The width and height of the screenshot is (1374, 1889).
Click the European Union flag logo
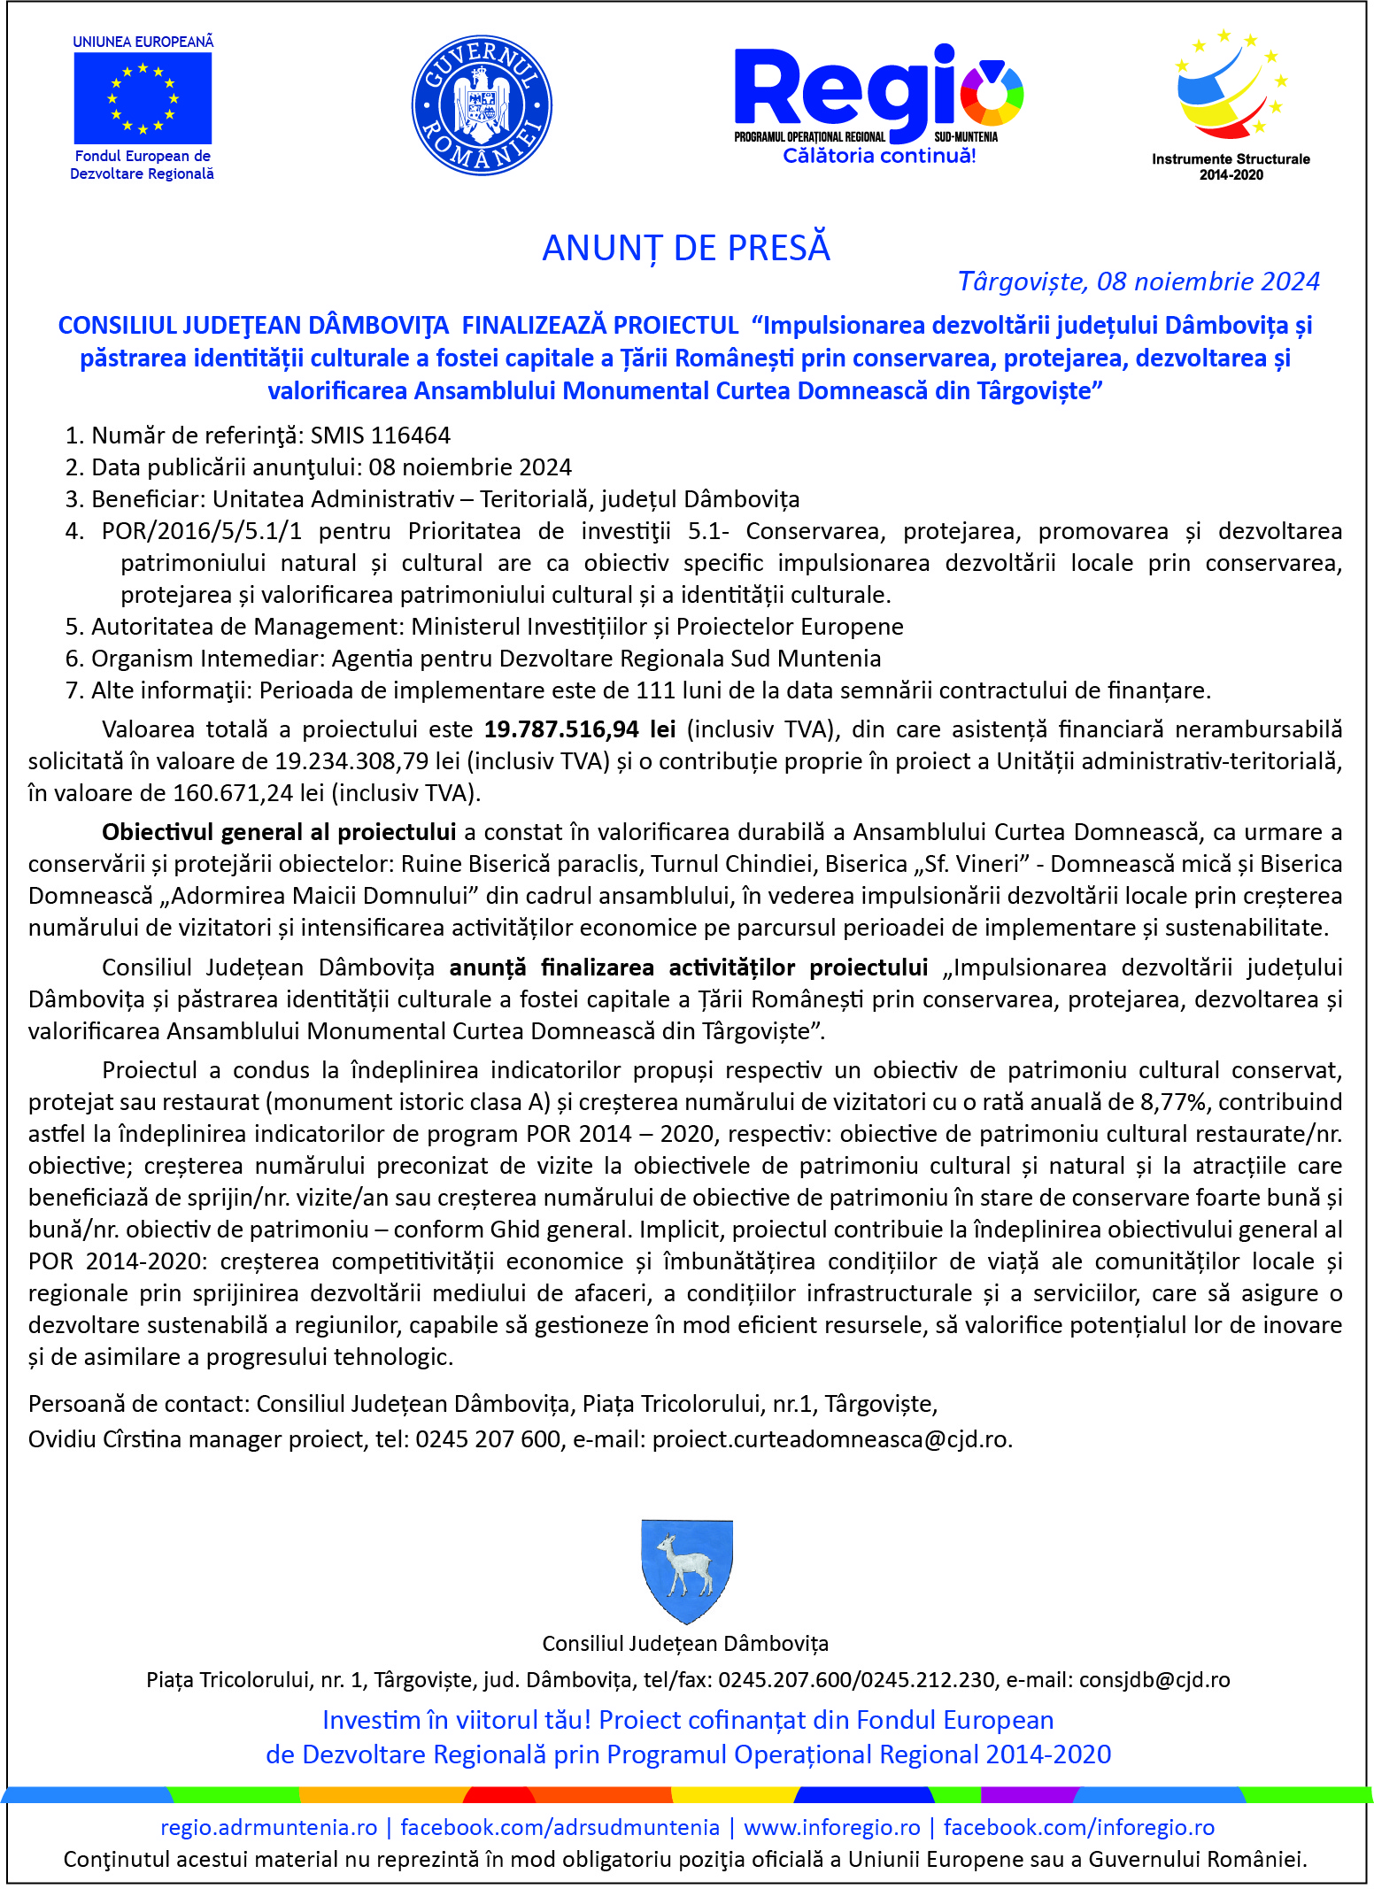pos(143,98)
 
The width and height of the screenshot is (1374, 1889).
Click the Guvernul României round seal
pos(482,105)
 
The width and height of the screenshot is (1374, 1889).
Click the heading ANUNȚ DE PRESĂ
pos(686,249)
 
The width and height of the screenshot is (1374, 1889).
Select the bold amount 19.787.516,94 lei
pos(580,729)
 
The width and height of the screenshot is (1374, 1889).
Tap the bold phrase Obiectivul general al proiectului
pos(279,832)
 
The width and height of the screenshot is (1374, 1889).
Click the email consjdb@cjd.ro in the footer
pos(1154,1680)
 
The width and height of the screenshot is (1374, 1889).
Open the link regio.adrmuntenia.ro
pos(269,1827)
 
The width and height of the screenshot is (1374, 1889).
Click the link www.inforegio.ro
pos(831,1827)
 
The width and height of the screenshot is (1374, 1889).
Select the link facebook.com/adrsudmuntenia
pos(560,1827)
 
